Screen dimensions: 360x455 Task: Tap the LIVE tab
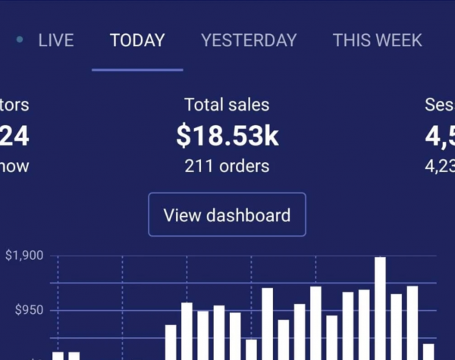[55, 40]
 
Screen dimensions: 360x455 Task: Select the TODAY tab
[137, 40]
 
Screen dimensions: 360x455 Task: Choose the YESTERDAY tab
[249, 40]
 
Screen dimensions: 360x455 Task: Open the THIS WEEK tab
[378, 40]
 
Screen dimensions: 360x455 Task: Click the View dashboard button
[227, 214]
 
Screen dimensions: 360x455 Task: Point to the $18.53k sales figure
[227, 136]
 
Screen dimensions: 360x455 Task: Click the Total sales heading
[227, 105]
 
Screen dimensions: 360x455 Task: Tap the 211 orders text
[227, 165]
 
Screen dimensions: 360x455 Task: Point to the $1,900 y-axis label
[25, 256]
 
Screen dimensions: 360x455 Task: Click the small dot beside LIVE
[20, 39]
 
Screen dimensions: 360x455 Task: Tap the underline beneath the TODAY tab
[137, 70]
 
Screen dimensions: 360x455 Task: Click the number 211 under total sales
[199, 165]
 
